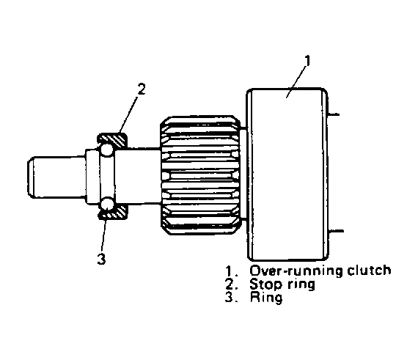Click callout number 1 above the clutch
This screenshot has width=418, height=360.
[x=308, y=60]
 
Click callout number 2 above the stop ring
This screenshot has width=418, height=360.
[x=142, y=89]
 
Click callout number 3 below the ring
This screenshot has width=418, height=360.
[x=101, y=259]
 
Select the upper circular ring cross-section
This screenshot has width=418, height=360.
[x=107, y=150]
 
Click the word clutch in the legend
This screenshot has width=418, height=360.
[x=369, y=271]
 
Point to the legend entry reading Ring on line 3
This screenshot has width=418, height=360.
[x=266, y=298]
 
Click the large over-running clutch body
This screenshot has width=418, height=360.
[x=287, y=174]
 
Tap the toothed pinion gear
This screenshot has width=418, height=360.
[x=200, y=175]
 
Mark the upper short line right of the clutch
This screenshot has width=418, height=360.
[x=334, y=114]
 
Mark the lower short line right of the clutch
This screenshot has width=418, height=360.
[x=336, y=231]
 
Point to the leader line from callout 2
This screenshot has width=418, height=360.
[x=128, y=114]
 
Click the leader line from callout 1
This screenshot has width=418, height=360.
[x=296, y=82]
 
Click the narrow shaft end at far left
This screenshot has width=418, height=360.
[x=56, y=177]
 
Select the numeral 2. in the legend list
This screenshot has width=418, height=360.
[x=231, y=284]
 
